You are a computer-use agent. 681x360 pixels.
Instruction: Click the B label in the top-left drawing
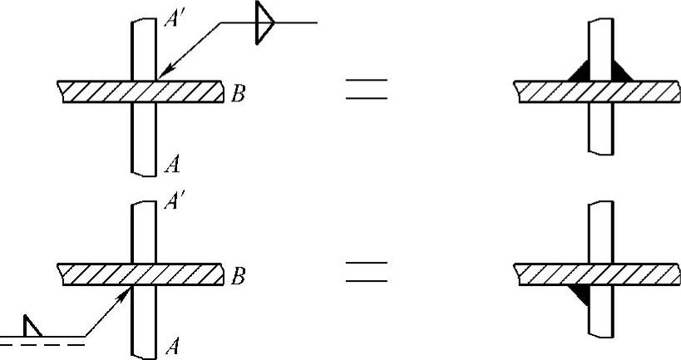[238, 94]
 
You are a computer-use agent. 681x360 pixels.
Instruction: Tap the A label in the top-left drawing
[172, 165]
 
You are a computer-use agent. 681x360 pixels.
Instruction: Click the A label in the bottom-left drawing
[172, 348]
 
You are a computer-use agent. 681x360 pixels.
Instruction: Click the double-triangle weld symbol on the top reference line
[264, 22]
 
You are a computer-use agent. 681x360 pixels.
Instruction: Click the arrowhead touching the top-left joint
[163, 72]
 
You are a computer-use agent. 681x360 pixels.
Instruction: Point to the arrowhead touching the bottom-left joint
[126, 293]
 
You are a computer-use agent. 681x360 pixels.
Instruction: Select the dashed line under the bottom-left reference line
[42, 345]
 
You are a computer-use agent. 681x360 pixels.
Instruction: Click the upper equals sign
[366, 89]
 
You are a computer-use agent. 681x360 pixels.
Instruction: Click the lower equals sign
[366, 272]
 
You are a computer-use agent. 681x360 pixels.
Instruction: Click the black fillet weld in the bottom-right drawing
[580, 293]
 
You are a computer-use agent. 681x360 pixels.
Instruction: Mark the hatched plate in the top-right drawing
[597, 91]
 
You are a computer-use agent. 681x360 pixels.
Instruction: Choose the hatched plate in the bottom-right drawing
[597, 274]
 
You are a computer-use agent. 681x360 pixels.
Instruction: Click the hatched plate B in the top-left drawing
[141, 91]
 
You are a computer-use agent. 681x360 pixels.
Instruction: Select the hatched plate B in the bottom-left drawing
[141, 274]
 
